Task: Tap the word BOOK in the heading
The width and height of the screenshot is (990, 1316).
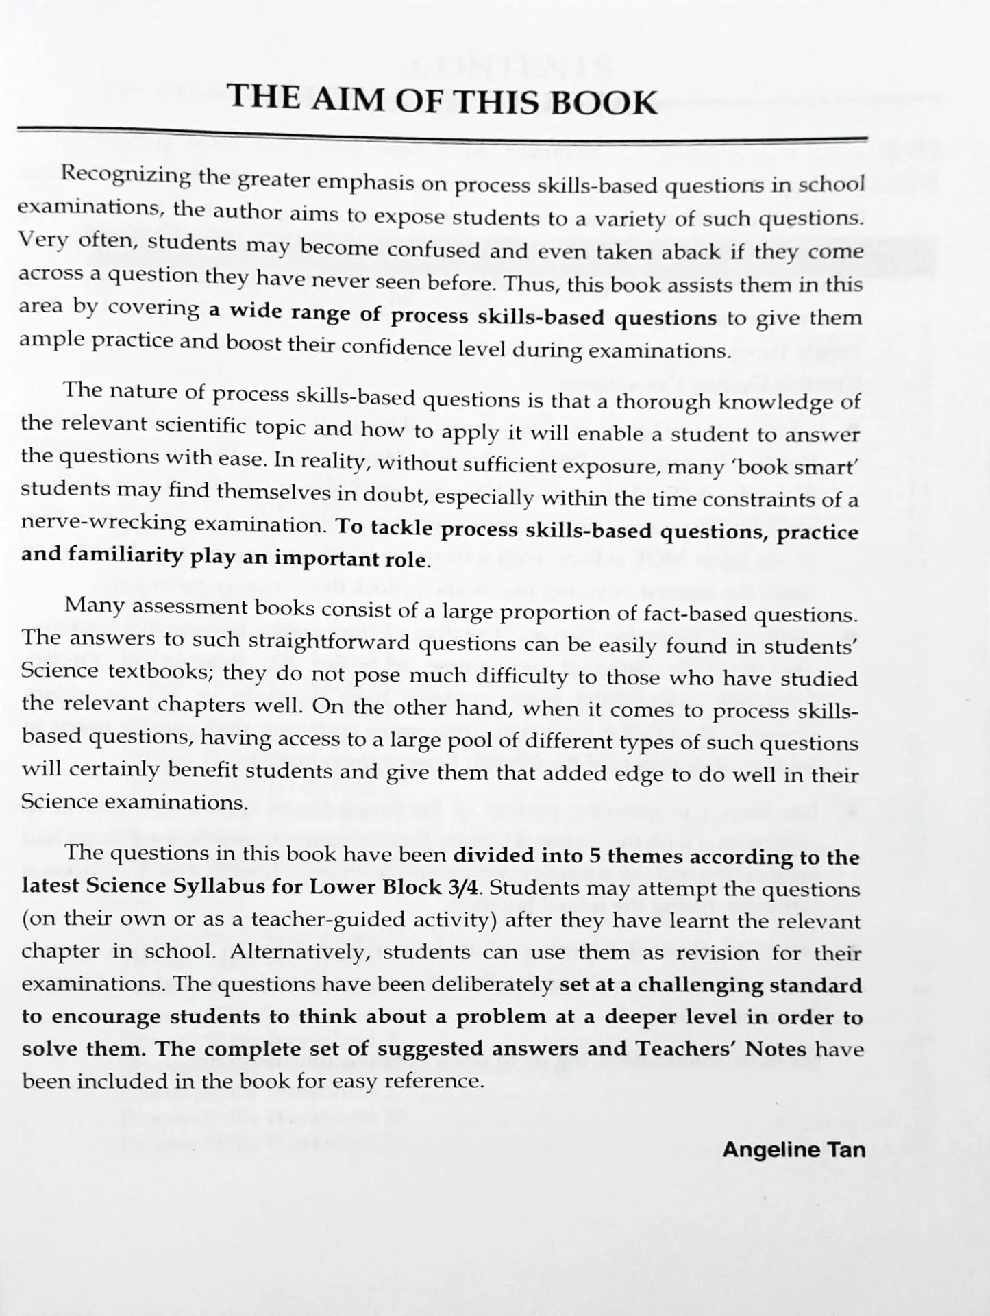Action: click(x=604, y=103)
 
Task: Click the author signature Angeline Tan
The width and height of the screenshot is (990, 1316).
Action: click(x=793, y=1149)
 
